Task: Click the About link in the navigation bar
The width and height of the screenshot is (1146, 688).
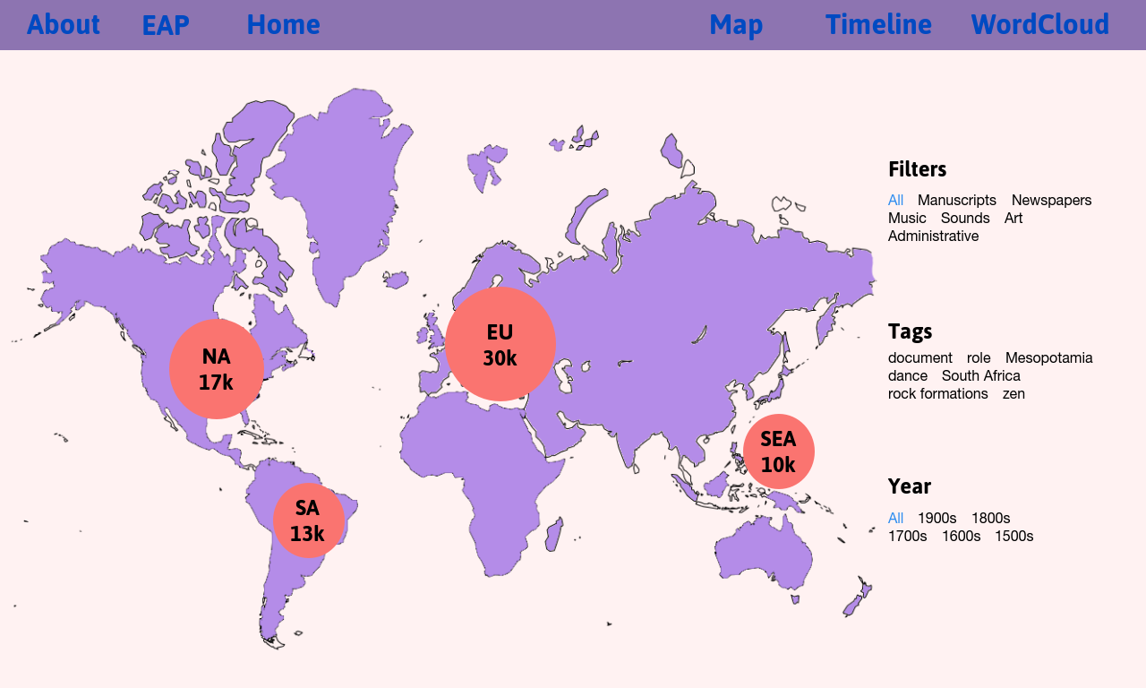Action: click(64, 24)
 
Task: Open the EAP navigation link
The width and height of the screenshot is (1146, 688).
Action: click(166, 25)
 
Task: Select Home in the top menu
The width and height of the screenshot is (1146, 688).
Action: click(284, 24)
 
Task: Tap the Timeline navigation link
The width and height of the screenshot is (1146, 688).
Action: click(878, 24)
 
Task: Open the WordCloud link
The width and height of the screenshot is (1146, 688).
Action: click(1040, 24)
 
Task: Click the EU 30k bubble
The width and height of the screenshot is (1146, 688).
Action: click(500, 344)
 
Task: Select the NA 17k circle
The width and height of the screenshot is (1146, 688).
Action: click(217, 369)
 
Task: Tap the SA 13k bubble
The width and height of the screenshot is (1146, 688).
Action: click(309, 520)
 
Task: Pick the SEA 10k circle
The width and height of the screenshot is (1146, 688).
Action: click(779, 451)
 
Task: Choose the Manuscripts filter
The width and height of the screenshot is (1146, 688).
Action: click(957, 200)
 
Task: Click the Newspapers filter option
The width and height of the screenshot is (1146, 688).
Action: click(1051, 200)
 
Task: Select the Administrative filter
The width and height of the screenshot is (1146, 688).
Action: click(933, 236)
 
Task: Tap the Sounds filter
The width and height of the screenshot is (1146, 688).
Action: click(965, 218)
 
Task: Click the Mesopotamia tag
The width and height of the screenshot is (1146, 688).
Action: click(1048, 357)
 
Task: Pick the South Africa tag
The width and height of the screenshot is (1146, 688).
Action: click(980, 375)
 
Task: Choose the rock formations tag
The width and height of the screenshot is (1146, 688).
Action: click(937, 393)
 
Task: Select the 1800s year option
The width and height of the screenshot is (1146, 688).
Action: click(990, 518)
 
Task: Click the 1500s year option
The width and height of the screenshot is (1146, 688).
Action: click(1014, 536)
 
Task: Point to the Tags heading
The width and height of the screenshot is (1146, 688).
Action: click(911, 331)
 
